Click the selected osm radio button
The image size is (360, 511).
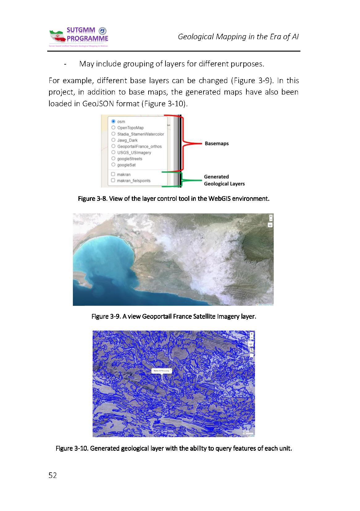[x=113, y=121]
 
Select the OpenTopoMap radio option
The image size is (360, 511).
[x=113, y=128]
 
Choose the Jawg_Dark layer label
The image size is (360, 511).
[x=127, y=140]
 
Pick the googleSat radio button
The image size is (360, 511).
[x=113, y=165]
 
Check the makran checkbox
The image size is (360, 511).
[x=113, y=174]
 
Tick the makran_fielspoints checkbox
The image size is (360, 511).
[x=113, y=180]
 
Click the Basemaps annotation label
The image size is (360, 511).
[x=217, y=144]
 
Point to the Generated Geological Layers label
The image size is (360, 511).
[x=224, y=180]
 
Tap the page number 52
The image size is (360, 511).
[x=53, y=475]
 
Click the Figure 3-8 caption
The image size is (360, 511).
[x=174, y=198]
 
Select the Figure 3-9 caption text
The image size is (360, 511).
[x=174, y=317]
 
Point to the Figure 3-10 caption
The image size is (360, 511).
[x=174, y=448]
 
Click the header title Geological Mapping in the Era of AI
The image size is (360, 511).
[x=238, y=37]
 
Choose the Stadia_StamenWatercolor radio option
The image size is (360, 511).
[x=113, y=134]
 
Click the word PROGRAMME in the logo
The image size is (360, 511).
[x=88, y=39]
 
